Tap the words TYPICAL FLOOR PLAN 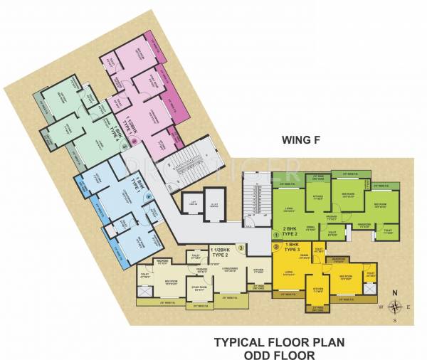(x=279, y=342)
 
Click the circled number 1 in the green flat (x=275, y=237)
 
